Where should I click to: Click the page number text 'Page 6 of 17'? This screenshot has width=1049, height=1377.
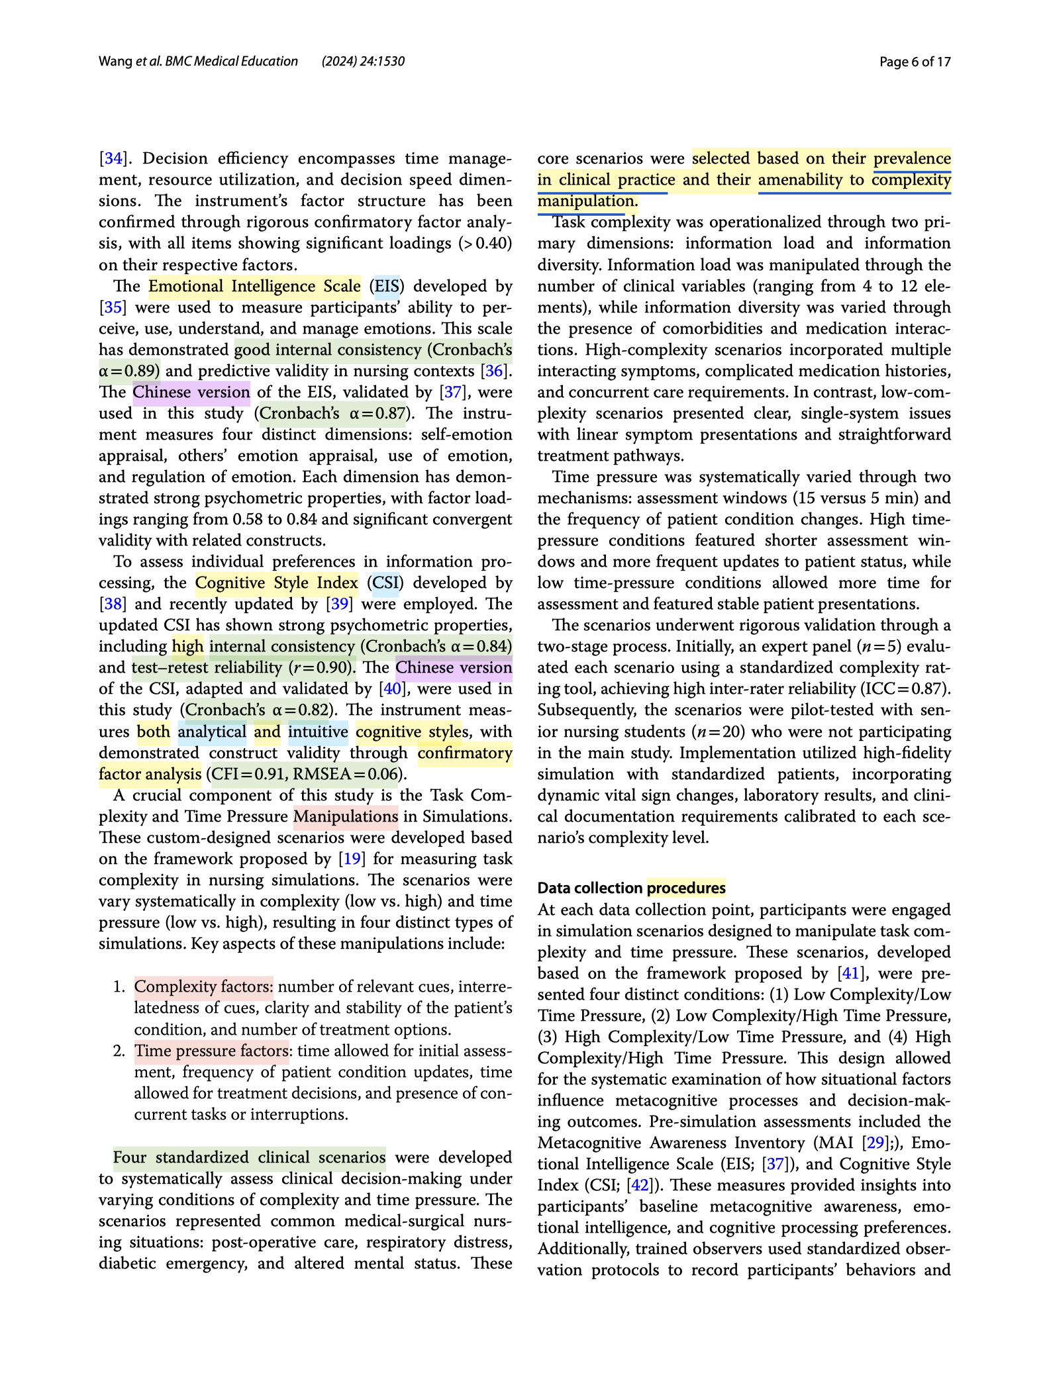pyautogui.click(x=915, y=62)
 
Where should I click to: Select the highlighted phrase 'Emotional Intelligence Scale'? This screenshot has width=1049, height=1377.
pyautogui.click(x=254, y=287)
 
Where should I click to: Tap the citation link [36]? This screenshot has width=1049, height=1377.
pyautogui.click(x=494, y=371)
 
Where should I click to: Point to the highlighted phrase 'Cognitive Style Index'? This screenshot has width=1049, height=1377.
pyautogui.click(x=276, y=583)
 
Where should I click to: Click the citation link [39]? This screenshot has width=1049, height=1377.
pyautogui.click(x=340, y=604)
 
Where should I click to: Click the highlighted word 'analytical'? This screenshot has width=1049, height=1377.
pyautogui.click(x=212, y=732)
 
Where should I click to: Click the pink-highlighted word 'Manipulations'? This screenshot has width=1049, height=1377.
pyautogui.click(x=346, y=817)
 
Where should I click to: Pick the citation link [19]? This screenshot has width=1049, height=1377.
pyautogui.click(x=352, y=859)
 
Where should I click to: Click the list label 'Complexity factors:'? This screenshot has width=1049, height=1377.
pyautogui.click(x=203, y=987)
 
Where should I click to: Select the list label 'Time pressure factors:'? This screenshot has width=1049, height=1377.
pyautogui.click(x=212, y=1051)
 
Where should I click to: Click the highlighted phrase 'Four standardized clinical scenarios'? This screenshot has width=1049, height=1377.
pyautogui.click(x=249, y=1157)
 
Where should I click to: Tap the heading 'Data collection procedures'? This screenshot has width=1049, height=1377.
pyautogui.click(x=631, y=888)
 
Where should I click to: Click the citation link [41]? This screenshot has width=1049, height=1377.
pyautogui.click(x=850, y=974)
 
